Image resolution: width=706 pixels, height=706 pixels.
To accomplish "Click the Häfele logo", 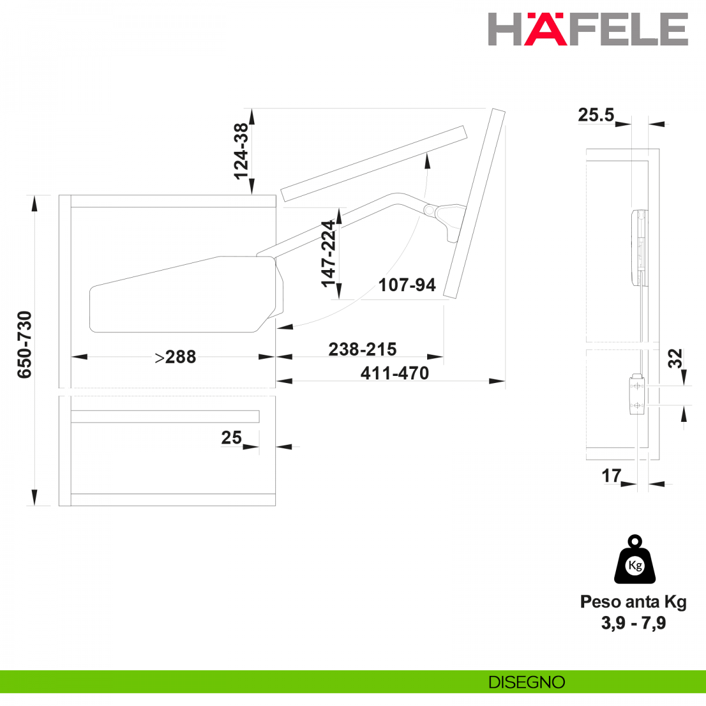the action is click(588, 29).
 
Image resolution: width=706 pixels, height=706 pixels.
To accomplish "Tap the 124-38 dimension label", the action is click(241, 151).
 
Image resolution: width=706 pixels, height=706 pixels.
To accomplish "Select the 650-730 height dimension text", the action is click(25, 345).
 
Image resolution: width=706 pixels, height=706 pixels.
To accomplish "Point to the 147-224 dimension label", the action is click(328, 254).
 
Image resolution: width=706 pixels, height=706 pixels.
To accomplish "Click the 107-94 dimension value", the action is click(407, 285).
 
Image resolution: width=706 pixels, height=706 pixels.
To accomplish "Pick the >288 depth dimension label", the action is click(175, 357).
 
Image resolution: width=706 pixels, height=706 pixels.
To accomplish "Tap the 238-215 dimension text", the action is click(362, 349).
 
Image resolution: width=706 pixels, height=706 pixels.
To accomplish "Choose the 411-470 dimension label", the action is click(395, 374).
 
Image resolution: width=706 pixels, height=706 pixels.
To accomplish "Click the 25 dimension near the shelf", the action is click(231, 438).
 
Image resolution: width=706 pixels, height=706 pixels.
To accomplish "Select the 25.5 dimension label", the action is click(596, 115).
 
